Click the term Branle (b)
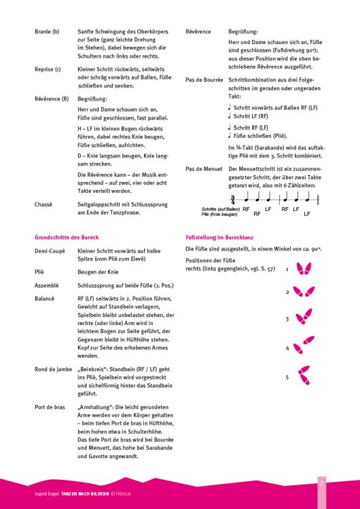[x=47, y=32]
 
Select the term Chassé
[x=44, y=203]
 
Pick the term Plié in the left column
[x=41, y=270]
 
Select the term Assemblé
[x=48, y=286]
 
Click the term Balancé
[x=46, y=298]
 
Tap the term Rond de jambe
[x=53, y=369]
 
